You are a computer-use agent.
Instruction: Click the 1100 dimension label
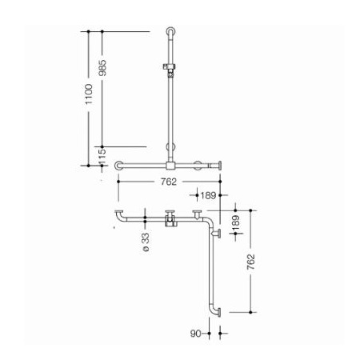point(89,94)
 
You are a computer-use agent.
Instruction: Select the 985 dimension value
point(102,68)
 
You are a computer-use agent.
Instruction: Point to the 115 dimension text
point(102,157)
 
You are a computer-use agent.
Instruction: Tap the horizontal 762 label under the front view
point(169,182)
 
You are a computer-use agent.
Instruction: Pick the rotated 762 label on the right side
point(251,262)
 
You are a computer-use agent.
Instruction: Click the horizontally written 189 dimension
point(208,195)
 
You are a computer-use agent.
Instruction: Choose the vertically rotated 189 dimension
point(236,223)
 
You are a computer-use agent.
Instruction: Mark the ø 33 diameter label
point(146,242)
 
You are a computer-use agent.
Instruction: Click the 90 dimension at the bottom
point(195,334)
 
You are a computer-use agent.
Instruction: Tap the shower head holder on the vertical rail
point(170,70)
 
